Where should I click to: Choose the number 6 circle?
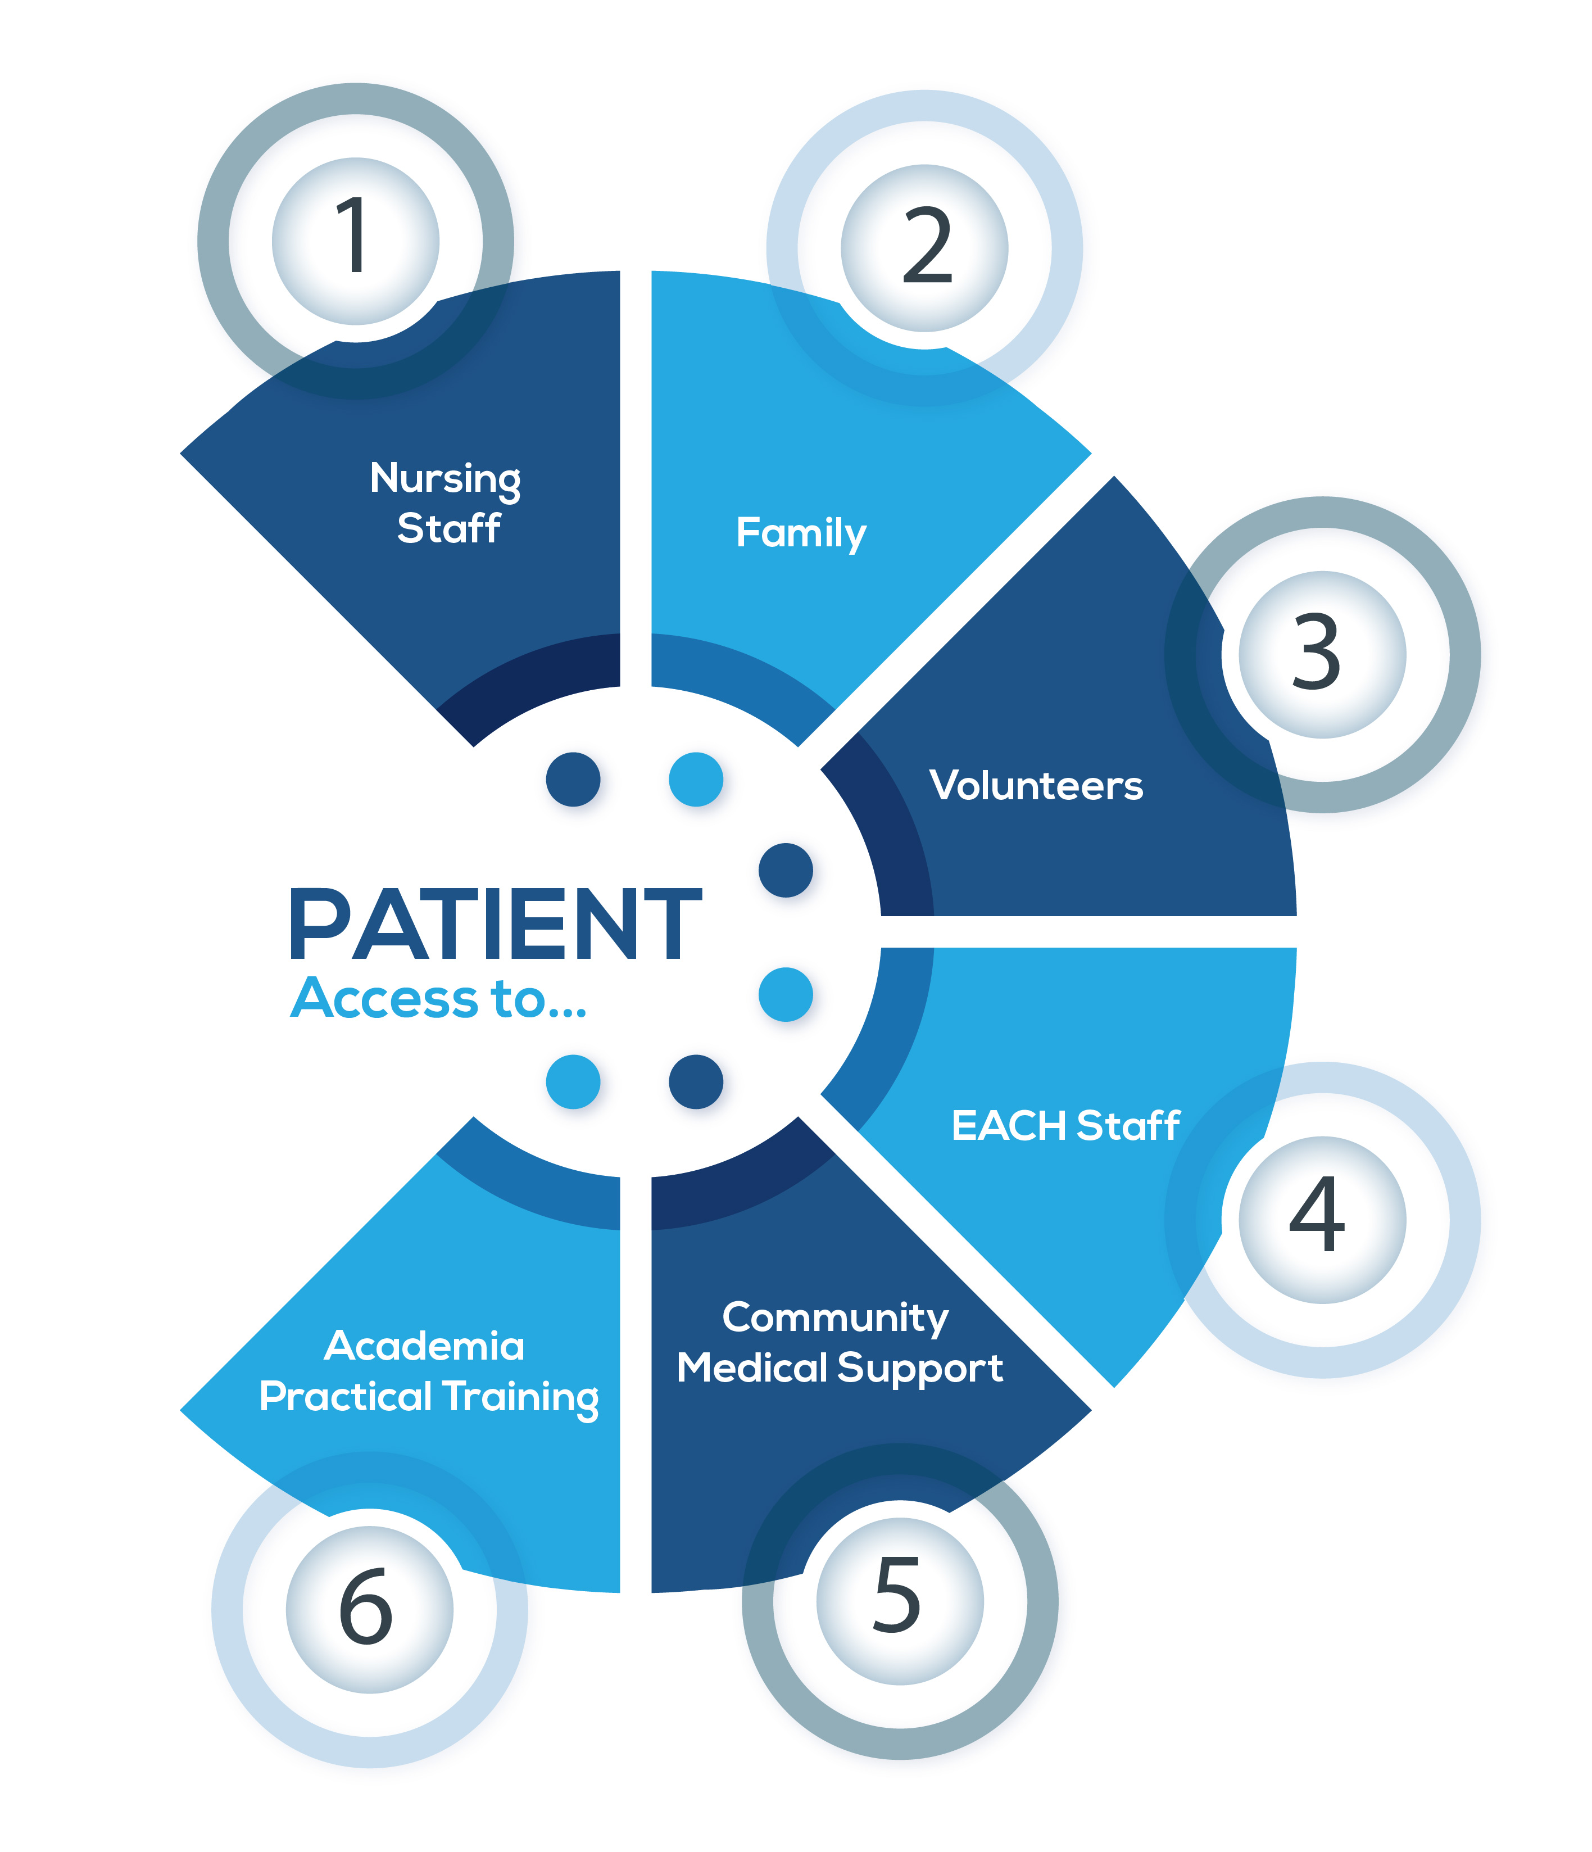click(369, 1609)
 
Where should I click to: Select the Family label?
click(800, 533)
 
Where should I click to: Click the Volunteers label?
click(1035, 786)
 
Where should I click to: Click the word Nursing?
click(445, 479)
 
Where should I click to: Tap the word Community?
click(835, 1317)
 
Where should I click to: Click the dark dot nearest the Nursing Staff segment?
click(573, 778)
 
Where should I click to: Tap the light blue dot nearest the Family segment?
click(696, 778)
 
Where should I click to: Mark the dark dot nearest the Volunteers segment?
click(785, 870)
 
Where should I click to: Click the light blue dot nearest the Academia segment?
click(573, 1081)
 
